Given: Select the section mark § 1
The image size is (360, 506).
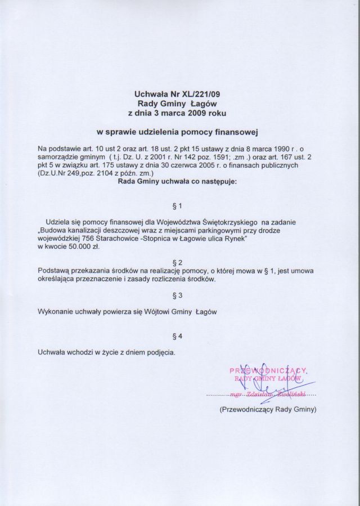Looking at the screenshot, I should coord(179,207).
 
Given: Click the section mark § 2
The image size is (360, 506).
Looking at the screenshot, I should coord(179,263).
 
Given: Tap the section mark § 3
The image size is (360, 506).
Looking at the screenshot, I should coord(179,294).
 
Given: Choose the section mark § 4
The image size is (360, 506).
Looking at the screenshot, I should coord(179,337).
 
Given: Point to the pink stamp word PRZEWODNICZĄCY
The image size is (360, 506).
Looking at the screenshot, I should coord(268,370).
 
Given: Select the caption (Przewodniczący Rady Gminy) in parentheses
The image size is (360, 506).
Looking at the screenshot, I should coord(268,410).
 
